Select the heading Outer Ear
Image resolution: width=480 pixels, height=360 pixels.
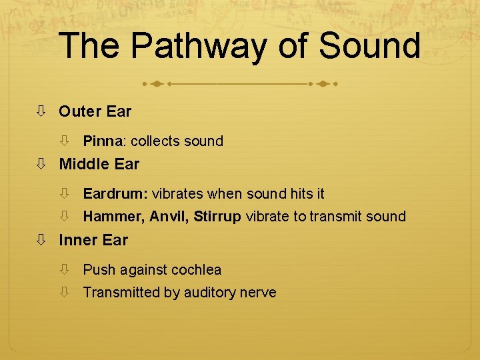[x=95, y=111]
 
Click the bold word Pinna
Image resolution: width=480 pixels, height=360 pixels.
[x=103, y=141]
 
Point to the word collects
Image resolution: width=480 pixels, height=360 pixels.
[x=155, y=141]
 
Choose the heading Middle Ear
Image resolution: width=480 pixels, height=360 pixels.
[x=99, y=164]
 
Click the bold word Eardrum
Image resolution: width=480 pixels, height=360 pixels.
[x=115, y=194]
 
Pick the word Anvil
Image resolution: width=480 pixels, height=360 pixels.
[x=169, y=217]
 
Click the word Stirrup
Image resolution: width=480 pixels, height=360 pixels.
[x=217, y=217]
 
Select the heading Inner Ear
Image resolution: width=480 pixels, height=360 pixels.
[x=93, y=240]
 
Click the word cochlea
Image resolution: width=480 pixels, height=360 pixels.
[x=196, y=270]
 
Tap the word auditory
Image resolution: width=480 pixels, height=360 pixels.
[x=208, y=293]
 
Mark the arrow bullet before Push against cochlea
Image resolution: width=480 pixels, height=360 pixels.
[x=65, y=270]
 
